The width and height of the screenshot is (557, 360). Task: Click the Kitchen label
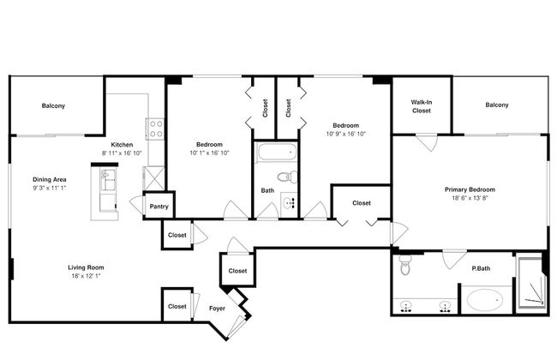tap(121, 144)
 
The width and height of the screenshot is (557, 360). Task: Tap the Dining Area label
tap(50, 178)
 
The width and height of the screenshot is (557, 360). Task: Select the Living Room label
tap(86, 267)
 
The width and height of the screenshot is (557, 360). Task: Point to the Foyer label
tap(217, 308)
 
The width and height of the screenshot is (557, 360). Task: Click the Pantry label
tap(159, 207)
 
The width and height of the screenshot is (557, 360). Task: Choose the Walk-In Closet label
tap(422, 107)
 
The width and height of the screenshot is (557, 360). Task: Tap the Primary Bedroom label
tap(470, 189)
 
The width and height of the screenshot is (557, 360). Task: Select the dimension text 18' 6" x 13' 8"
tap(470, 198)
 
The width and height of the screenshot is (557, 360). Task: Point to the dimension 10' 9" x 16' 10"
tap(345, 134)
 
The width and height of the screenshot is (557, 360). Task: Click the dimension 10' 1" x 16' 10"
tap(209, 153)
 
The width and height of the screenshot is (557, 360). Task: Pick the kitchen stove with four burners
tap(157, 129)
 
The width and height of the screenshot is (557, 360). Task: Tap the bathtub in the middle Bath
tap(275, 155)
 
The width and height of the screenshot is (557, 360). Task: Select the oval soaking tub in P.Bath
tap(487, 302)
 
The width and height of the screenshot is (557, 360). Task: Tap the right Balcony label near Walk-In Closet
tap(496, 105)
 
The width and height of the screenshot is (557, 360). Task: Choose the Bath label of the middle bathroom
tap(267, 190)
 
